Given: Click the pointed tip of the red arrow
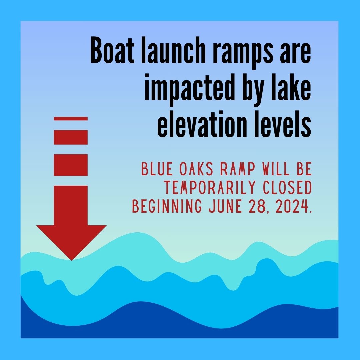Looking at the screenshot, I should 71,259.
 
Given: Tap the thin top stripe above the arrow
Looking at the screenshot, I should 71,119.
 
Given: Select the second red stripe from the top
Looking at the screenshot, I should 71,137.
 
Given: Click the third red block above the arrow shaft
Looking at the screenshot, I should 71,165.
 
